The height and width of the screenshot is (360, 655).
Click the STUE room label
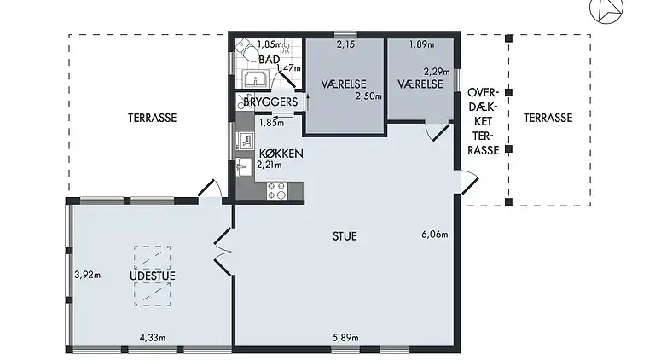pos(345,236)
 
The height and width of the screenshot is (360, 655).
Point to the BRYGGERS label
pos(270,102)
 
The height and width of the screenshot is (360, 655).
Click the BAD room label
pos(270,59)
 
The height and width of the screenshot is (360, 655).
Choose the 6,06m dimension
pos(435,234)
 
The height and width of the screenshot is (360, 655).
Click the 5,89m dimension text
pos(345,338)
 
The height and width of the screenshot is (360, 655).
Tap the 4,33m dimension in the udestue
pos(152,338)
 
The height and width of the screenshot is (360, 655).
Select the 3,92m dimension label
pos(88,275)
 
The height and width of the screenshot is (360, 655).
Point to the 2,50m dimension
pos(368,97)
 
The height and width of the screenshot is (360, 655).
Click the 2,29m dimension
pos(437,72)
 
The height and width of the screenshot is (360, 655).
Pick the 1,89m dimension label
pos(421,44)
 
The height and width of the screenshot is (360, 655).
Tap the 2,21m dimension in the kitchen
pos(269,165)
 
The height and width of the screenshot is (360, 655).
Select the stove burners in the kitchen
pos(276,191)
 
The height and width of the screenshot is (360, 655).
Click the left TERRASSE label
pos(153,119)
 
